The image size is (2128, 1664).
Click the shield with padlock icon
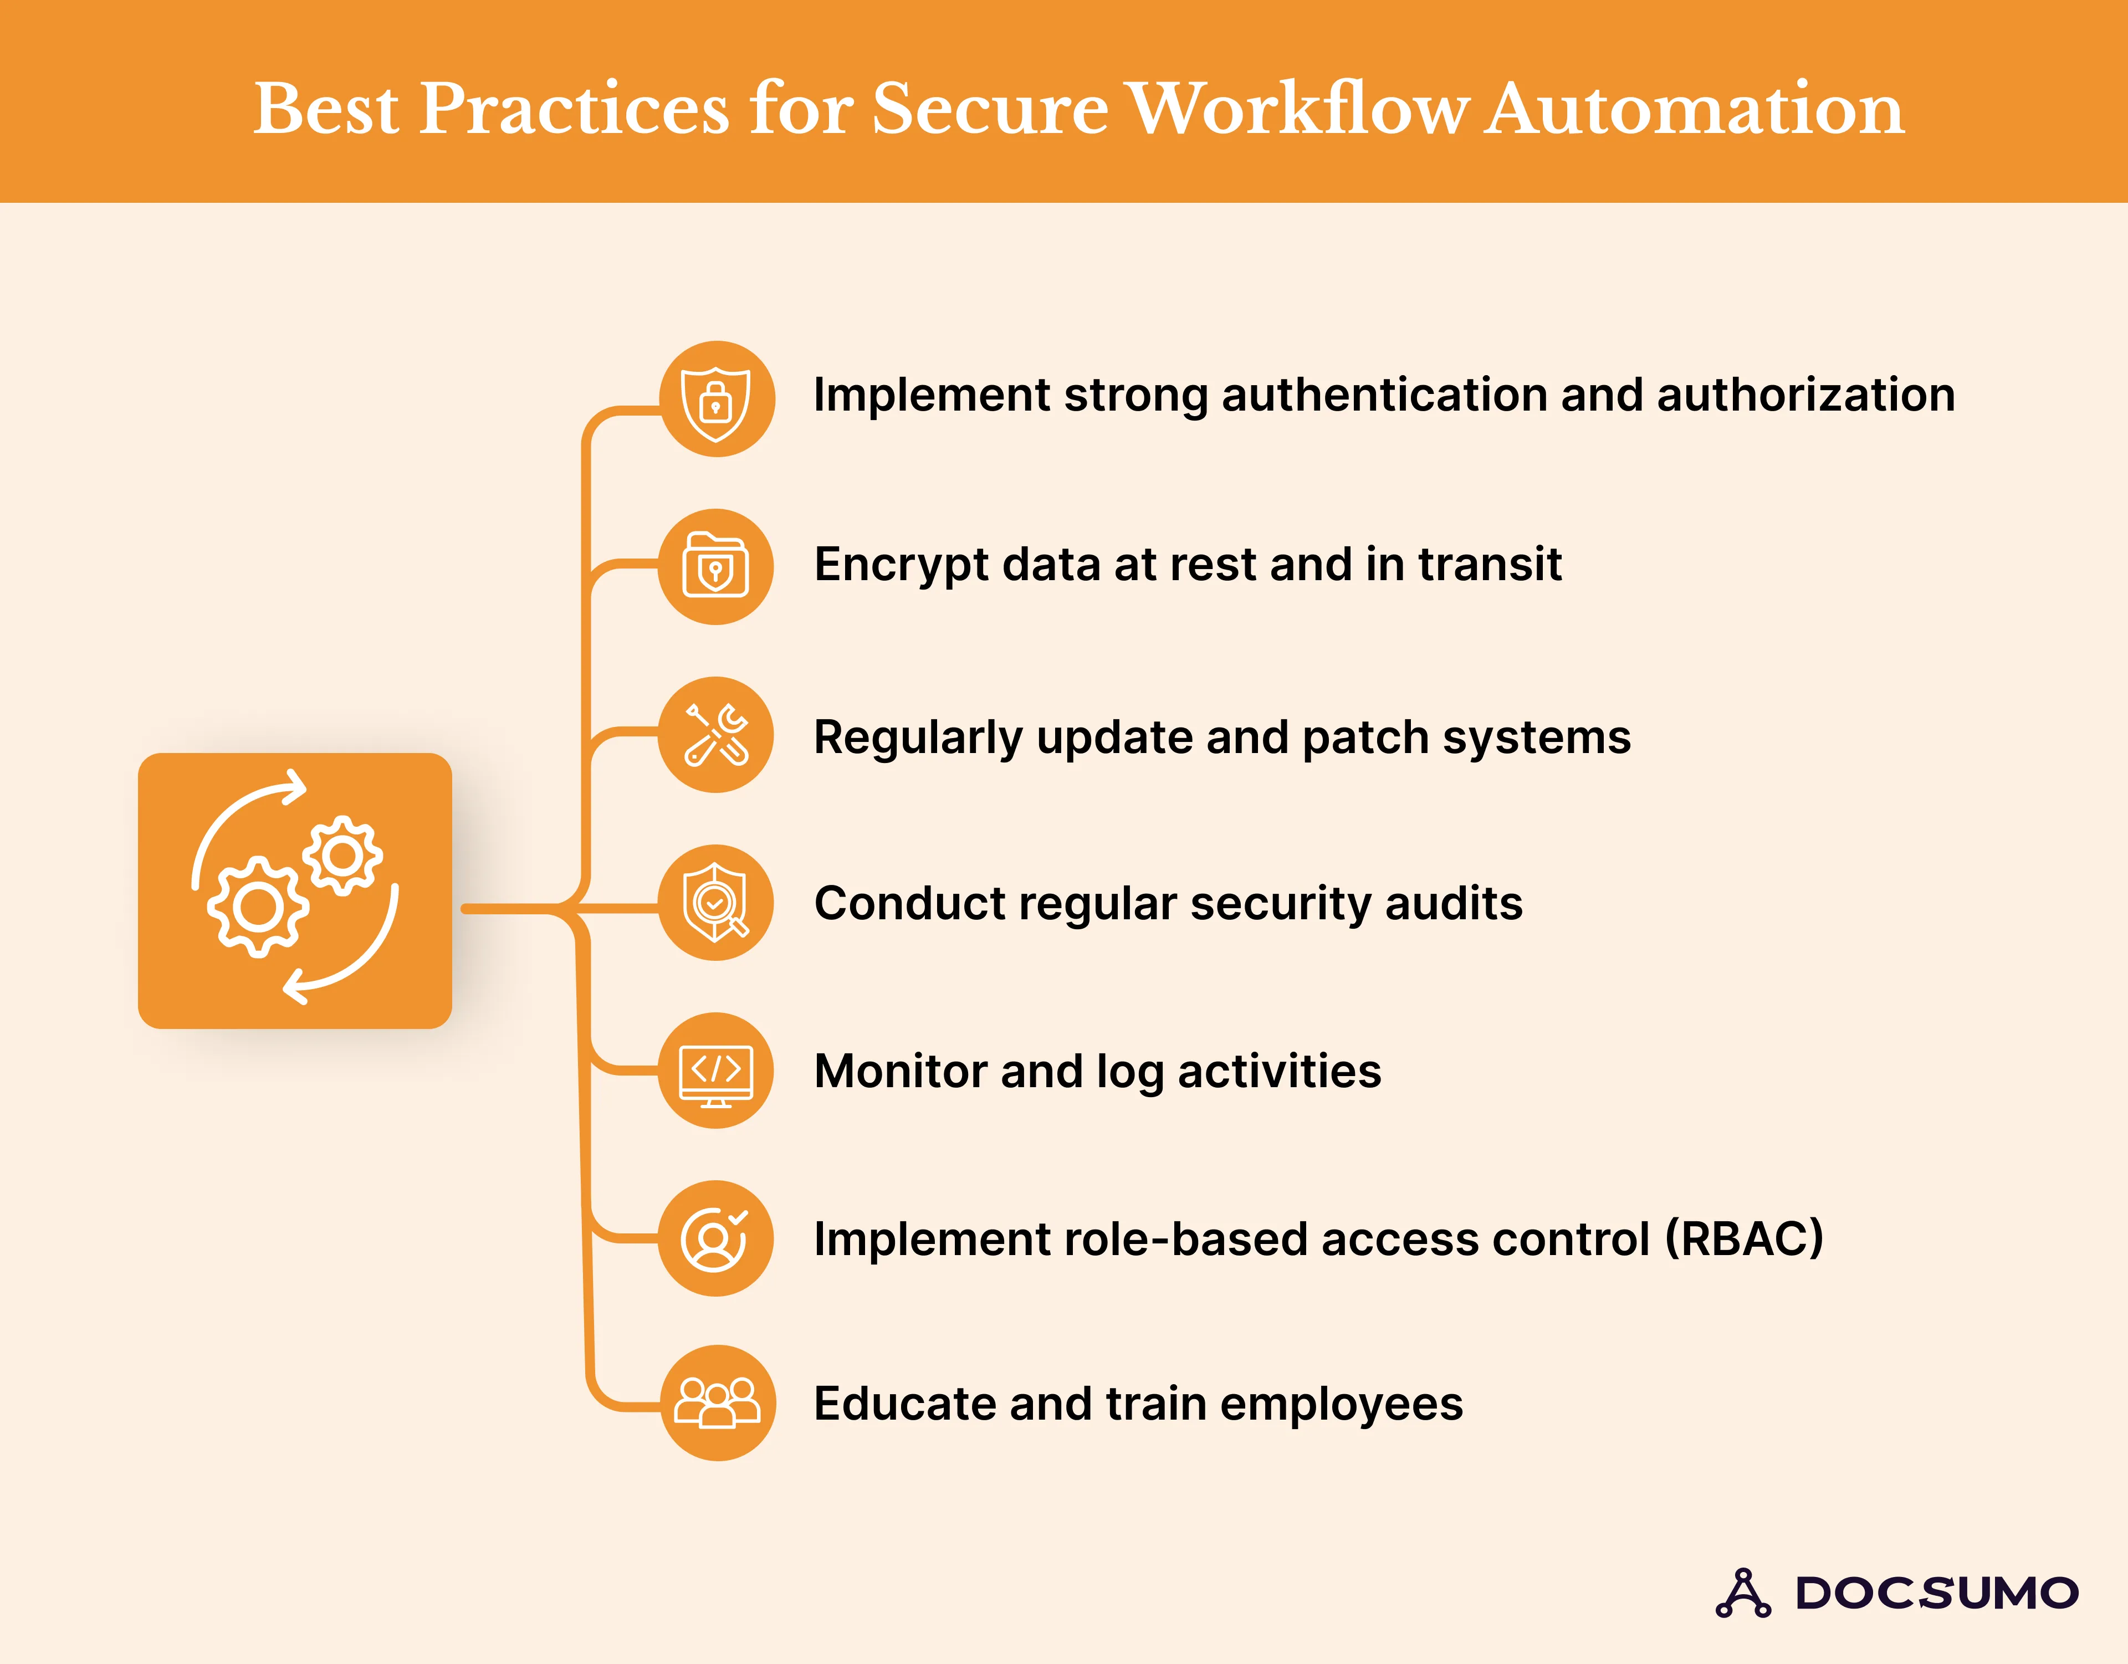[716, 400]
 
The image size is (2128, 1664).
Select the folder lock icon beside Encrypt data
[716, 566]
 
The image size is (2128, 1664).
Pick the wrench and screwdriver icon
[716, 735]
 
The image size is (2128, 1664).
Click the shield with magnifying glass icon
[716, 902]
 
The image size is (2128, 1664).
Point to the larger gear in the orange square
[258, 907]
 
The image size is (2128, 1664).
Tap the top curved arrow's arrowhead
[295, 787]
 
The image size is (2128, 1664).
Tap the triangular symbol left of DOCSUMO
[1743, 1593]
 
